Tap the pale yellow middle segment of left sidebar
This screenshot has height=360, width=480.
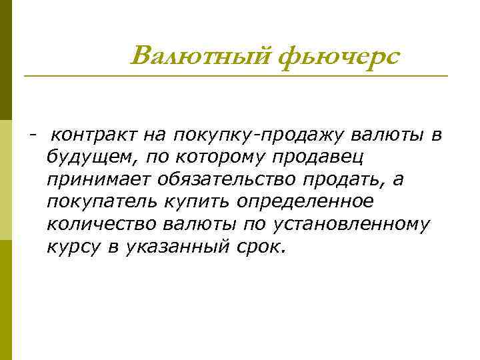tap(6, 180)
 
